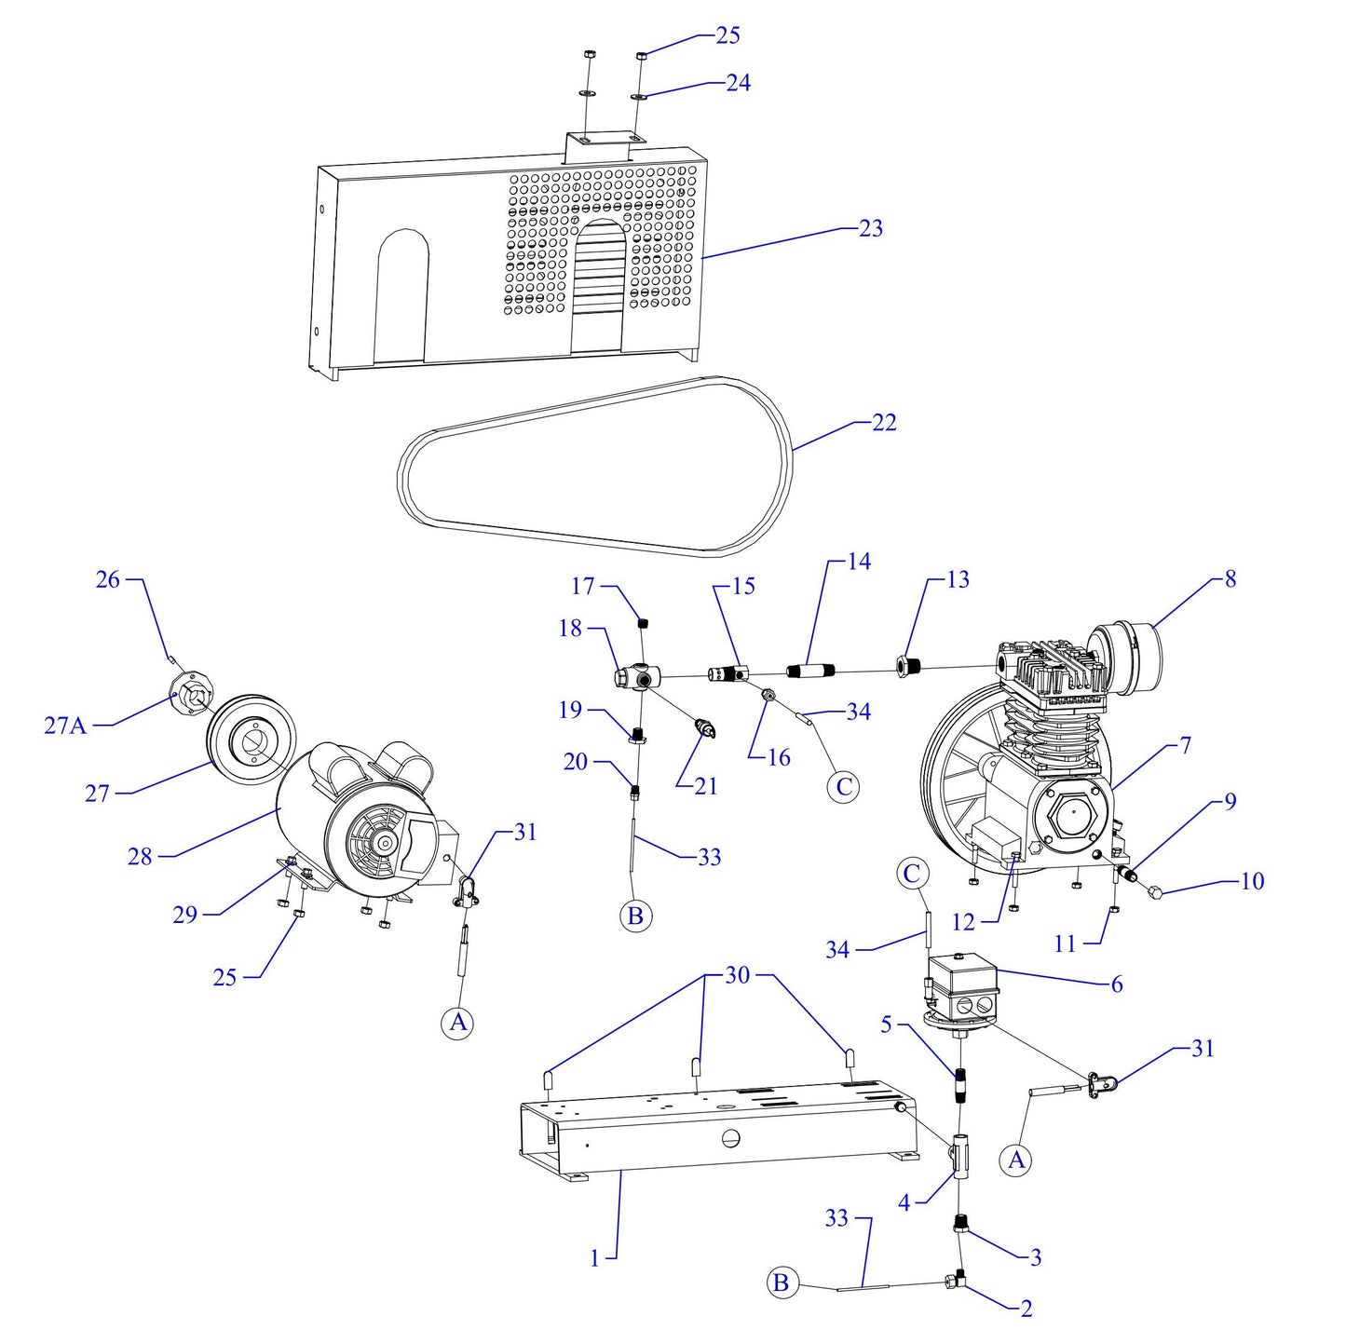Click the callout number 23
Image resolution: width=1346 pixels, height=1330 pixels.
pos(870,228)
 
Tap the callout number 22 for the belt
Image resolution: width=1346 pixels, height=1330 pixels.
pos(883,423)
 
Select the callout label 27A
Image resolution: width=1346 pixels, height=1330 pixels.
pos(65,725)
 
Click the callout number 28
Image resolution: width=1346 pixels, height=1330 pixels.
pos(140,856)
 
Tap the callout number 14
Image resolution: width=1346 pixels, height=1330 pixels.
pos(858,562)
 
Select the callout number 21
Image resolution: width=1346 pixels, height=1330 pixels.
pos(706,786)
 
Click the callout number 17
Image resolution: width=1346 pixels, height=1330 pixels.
pos(582,586)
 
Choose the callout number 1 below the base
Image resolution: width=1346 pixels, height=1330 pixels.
pos(595,1258)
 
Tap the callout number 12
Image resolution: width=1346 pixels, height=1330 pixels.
pos(963,922)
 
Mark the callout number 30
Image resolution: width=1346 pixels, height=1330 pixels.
pos(737,975)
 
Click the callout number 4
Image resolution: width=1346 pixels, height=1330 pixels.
pos(904,1202)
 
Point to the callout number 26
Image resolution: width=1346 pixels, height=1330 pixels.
pos(108,579)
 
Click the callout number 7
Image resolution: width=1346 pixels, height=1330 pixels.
pos(1185,745)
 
